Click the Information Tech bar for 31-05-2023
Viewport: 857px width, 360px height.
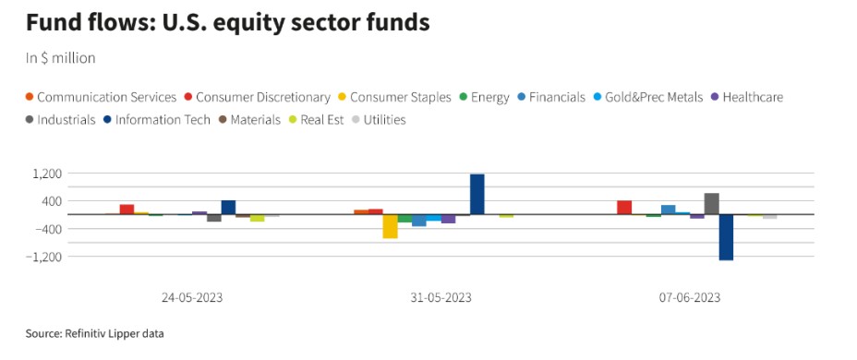point(477,195)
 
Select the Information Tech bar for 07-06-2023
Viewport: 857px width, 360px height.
point(726,237)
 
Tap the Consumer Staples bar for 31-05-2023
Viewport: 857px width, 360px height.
point(391,226)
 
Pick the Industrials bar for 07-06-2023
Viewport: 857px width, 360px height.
point(712,204)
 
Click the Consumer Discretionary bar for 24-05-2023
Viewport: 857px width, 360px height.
point(127,210)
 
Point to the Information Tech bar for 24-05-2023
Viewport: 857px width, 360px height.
point(228,208)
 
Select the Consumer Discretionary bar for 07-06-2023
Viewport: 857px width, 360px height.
point(624,208)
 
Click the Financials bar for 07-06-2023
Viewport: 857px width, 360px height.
point(668,210)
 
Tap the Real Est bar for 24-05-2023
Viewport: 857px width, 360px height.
point(258,218)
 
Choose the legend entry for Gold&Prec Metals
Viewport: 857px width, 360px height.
point(649,97)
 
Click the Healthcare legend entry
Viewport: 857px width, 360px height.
point(746,97)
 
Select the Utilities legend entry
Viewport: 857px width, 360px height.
point(379,120)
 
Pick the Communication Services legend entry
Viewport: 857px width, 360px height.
point(101,97)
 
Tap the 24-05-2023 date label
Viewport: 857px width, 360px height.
point(192,298)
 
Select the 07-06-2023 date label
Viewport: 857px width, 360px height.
point(690,298)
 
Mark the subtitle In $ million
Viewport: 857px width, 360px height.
point(61,58)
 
